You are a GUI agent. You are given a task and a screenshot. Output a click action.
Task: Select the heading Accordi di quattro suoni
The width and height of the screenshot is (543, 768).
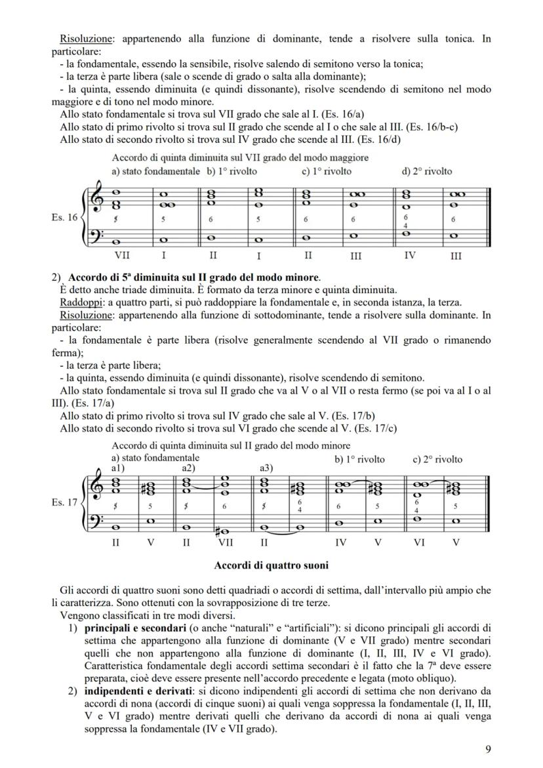tap(271, 565)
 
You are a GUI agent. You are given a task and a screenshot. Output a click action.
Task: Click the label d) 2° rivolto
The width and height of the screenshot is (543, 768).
tap(426, 171)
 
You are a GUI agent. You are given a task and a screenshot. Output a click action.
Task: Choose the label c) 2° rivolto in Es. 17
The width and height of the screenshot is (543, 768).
tap(437, 459)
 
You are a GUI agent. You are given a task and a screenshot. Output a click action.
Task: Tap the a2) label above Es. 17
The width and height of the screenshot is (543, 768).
tap(189, 468)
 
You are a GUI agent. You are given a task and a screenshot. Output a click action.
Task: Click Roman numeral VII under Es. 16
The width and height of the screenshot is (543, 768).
tap(122, 255)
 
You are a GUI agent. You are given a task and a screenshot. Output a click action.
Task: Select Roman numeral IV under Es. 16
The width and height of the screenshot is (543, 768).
tap(409, 255)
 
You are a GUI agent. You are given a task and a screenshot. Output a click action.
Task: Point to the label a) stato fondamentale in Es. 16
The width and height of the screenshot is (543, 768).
tap(156, 171)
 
